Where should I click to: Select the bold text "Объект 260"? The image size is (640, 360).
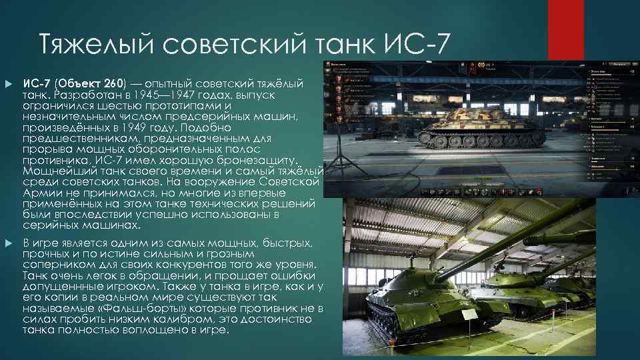pos(90,84)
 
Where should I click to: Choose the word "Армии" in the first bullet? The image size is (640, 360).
pos(42,192)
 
